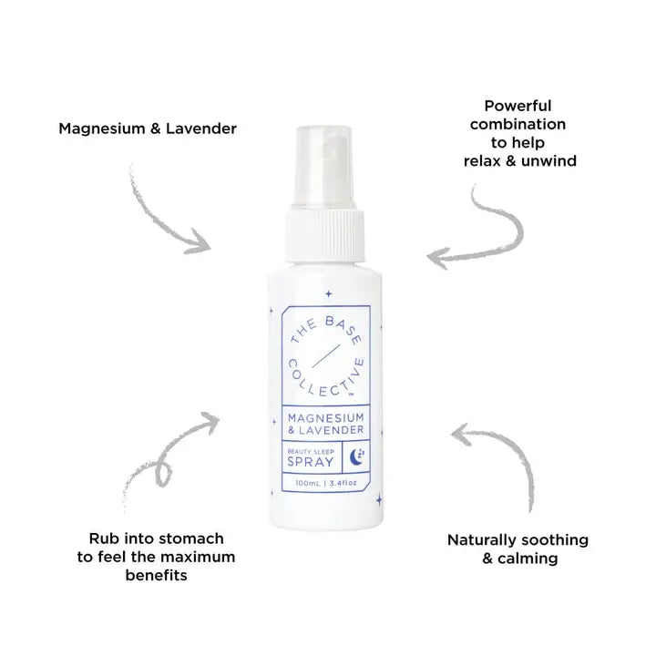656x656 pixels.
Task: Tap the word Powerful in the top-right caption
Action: click(x=518, y=106)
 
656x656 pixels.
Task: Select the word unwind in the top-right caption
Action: click(x=550, y=160)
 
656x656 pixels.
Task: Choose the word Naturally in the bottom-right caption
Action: click(x=483, y=539)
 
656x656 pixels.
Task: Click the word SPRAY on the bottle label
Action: click(x=310, y=462)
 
